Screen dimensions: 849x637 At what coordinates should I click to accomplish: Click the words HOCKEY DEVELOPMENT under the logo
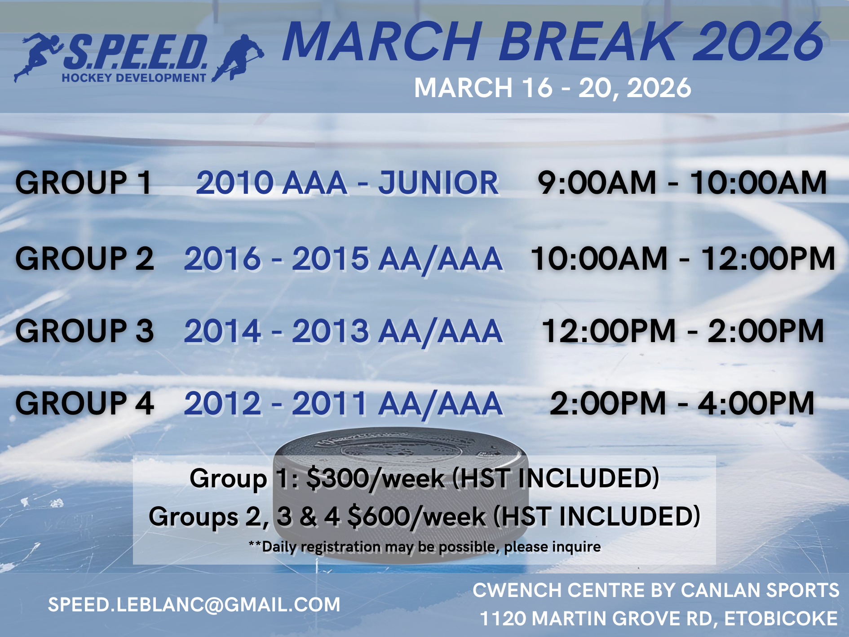[134, 78]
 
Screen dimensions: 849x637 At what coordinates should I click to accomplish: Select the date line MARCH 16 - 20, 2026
[553, 88]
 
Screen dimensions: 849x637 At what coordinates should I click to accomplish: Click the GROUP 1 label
[84, 183]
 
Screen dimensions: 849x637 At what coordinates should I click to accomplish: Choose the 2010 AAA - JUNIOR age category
[347, 183]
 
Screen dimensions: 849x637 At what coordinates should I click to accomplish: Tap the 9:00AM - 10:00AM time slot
[682, 183]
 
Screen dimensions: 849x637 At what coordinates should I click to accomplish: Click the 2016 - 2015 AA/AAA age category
[343, 259]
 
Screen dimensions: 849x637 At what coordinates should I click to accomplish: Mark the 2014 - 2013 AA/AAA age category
[343, 331]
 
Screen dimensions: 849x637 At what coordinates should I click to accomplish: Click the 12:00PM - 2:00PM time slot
[683, 331]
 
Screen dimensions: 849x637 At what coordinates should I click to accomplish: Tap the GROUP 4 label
[84, 403]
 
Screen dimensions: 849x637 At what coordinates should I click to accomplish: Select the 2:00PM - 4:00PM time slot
[682, 403]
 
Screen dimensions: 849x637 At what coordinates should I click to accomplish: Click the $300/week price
[376, 478]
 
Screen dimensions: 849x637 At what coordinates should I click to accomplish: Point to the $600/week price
[417, 517]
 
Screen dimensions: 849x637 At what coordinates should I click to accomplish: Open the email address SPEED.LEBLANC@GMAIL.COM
[194, 605]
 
